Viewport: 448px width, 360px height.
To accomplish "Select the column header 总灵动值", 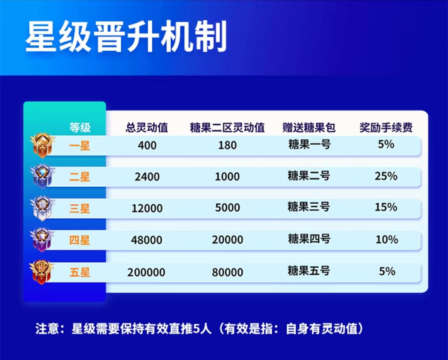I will [x=147, y=128].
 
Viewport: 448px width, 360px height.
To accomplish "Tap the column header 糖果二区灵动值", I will [x=227, y=128].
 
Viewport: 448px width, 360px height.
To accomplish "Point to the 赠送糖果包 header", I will [x=309, y=128].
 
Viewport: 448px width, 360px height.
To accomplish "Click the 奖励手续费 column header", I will [x=386, y=128].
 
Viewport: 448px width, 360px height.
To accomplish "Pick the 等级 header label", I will [x=80, y=128].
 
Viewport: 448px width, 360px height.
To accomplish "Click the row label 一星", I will [x=80, y=146].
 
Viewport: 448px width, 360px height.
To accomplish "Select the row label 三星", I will [x=80, y=208].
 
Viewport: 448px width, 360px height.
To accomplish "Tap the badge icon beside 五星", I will [x=42, y=272].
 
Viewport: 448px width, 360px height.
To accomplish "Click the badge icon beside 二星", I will [x=43, y=177].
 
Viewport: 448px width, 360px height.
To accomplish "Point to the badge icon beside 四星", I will [x=42, y=240].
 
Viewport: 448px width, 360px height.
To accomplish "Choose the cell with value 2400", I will [x=147, y=177].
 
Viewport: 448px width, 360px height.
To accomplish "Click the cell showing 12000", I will [x=147, y=208].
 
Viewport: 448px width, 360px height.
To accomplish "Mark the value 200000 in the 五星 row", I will [x=146, y=273].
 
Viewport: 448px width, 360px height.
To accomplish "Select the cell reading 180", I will [x=227, y=145].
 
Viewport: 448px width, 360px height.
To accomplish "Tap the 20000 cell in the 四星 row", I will [x=227, y=240].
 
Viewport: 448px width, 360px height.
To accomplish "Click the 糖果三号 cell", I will [x=309, y=207].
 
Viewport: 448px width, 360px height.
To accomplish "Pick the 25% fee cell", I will [x=386, y=176].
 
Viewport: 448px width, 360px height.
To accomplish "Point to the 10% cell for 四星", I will [x=387, y=240].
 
